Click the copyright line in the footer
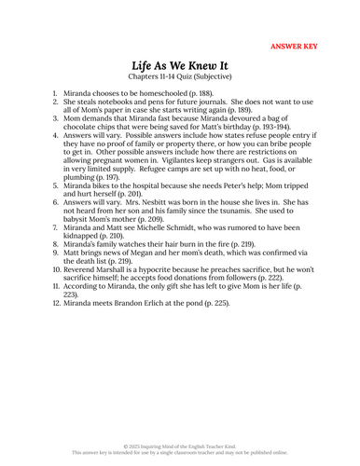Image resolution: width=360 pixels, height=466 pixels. coord(180,445)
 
